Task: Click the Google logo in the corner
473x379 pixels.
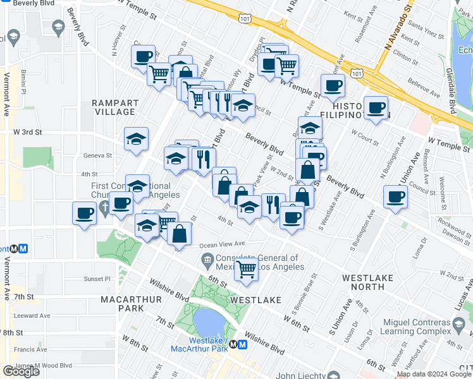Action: click(x=20, y=371)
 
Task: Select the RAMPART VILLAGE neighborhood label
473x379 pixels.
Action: click(x=113, y=107)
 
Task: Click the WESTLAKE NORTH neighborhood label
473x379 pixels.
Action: click(x=363, y=282)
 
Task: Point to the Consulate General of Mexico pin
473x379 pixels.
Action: click(x=207, y=259)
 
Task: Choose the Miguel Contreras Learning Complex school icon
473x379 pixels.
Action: click(x=459, y=326)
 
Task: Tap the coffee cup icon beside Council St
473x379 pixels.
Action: click(x=396, y=196)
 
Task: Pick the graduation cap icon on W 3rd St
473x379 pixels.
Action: click(x=136, y=140)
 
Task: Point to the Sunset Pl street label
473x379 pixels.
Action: click(x=97, y=279)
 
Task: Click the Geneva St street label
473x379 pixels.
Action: click(x=97, y=155)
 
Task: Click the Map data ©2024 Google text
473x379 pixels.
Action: click(x=433, y=374)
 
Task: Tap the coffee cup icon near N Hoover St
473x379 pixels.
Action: click(x=144, y=56)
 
